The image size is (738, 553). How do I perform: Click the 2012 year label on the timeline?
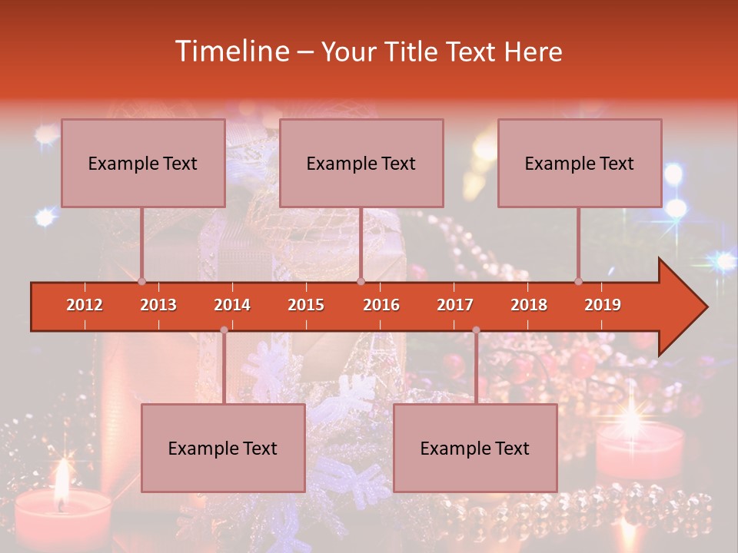click(85, 305)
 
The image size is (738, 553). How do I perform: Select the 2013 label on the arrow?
click(158, 305)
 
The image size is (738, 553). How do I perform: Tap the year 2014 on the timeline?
click(232, 305)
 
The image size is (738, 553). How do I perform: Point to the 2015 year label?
click(306, 305)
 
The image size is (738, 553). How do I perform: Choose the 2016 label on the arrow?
click(381, 305)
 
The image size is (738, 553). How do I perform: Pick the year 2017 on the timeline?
click(455, 305)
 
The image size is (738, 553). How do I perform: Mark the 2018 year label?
click(529, 305)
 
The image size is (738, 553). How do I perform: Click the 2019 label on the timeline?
click(603, 305)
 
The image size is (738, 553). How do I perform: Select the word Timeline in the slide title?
click(231, 51)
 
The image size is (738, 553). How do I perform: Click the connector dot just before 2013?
click(141, 281)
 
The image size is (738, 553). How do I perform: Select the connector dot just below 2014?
click(224, 330)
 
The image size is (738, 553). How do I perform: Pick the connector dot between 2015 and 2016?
click(361, 281)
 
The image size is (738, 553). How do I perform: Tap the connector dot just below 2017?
click(476, 330)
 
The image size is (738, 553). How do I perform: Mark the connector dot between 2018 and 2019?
click(579, 281)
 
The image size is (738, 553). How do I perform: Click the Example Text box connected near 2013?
click(143, 163)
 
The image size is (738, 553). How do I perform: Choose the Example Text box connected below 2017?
click(475, 448)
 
